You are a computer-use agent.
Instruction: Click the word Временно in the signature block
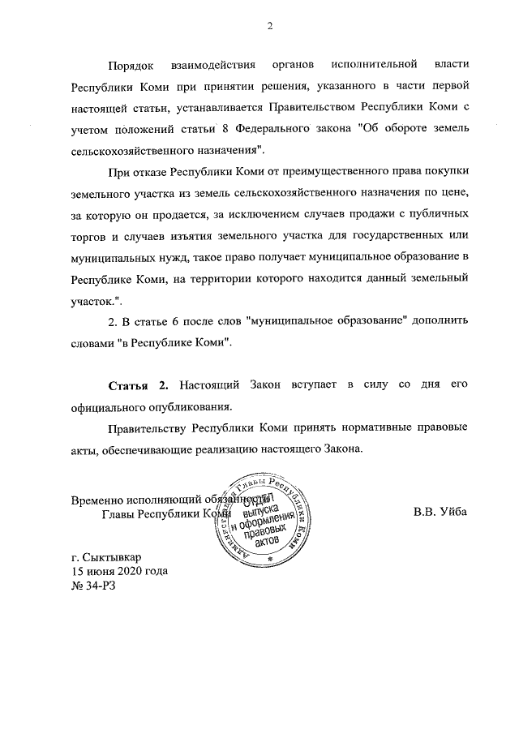[x=98, y=500]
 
